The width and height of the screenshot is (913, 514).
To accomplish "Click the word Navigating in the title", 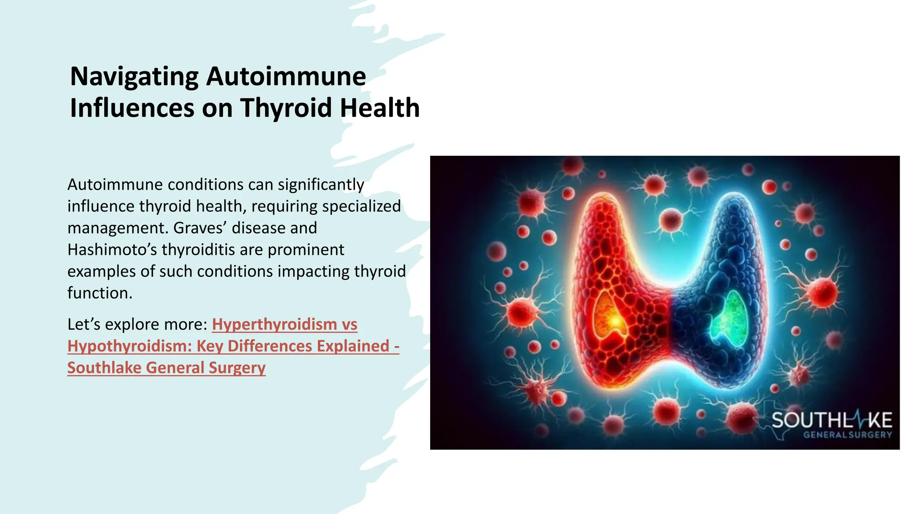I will tap(134, 77).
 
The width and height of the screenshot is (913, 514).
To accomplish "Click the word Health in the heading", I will tap(379, 108).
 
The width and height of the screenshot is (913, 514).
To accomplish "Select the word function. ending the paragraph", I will tap(100, 293).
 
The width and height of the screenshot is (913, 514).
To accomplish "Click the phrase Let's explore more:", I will tap(137, 324).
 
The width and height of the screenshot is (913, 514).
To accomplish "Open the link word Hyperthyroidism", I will tap(274, 324).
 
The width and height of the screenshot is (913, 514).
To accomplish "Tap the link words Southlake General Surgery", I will tap(166, 368).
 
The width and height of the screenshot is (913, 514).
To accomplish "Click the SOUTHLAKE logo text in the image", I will tap(831, 420).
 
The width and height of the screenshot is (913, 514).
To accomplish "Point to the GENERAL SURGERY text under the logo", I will tap(847, 435).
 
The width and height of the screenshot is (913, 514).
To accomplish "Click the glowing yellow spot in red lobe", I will tap(615, 320).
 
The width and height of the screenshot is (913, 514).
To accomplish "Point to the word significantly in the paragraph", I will tap(321, 185).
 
